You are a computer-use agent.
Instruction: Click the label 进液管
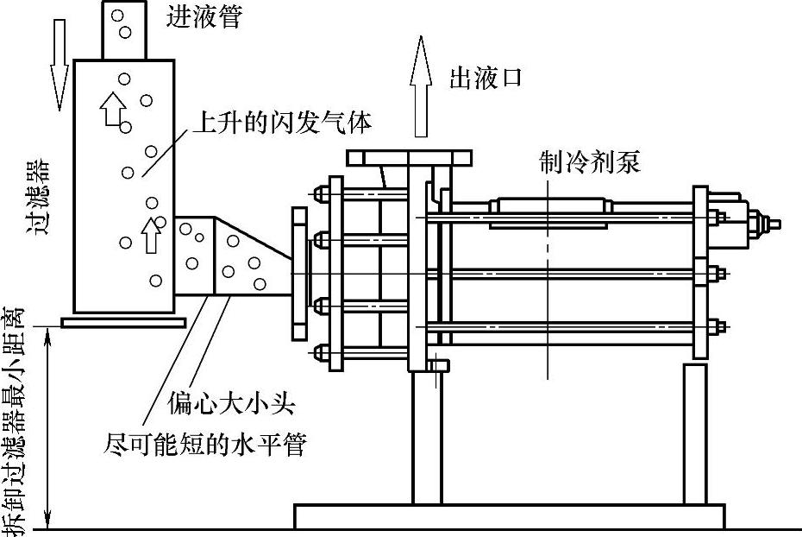pos(205,18)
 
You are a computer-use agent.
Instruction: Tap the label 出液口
pos(486,79)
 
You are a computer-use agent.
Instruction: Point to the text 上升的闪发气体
pos(281,123)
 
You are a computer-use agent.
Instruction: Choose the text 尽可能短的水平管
pos(205,445)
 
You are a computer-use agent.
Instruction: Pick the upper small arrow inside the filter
pos(110,109)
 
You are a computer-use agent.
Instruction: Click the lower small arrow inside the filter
pos(152,234)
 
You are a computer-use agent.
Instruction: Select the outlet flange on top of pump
pos(410,158)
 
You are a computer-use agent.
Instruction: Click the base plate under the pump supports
pos(510,517)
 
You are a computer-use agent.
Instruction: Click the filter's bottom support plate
pos(124,322)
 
